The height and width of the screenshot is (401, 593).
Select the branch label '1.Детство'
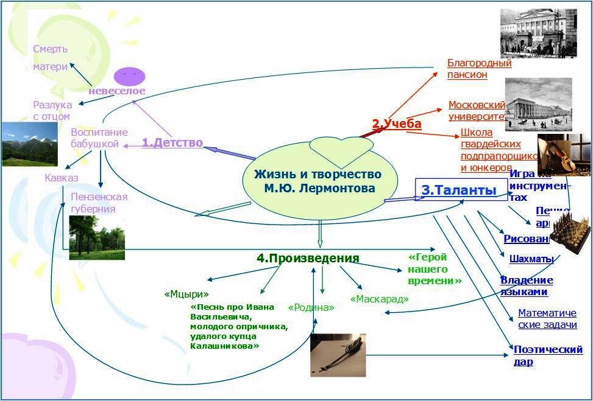tap(172, 143)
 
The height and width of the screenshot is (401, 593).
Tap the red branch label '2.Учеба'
tap(396, 124)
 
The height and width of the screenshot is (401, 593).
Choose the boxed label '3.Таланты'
tap(458, 190)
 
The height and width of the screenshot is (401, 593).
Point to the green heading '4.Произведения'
tap(308, 258)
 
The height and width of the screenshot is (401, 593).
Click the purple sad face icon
tap(129, 75)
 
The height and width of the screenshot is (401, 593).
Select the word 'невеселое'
tap(117, 91)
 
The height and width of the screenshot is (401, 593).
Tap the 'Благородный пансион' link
tap(479, 69)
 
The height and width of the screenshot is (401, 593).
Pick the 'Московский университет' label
tap(477, 111)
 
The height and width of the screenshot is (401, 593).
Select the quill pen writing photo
tap(338, 355)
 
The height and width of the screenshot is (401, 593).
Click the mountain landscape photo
tap(29, 144)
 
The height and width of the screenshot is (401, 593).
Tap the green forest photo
tap(96, 237)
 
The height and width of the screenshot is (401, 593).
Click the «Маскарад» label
tap(379, 299)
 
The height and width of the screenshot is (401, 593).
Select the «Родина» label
tap(311, 308)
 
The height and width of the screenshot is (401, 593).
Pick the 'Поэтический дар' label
tap(548, 355)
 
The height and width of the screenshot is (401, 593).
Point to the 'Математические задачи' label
tap(547, 319)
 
